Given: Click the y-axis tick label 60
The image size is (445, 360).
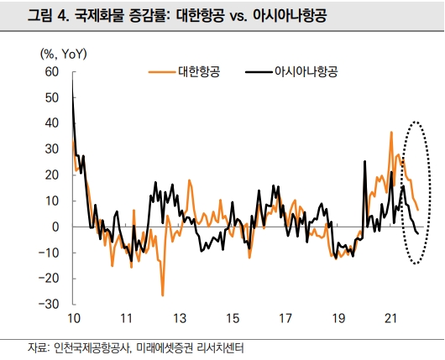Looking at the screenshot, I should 51,72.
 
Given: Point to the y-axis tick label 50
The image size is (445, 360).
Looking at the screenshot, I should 51,98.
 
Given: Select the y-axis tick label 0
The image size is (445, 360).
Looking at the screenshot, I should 55,227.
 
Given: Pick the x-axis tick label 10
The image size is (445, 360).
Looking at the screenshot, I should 73,319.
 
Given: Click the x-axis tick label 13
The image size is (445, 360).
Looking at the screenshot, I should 180,319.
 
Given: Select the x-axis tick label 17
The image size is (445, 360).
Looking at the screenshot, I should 285,319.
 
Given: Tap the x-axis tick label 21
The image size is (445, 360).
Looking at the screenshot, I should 391,319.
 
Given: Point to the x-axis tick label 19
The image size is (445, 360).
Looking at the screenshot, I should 338,319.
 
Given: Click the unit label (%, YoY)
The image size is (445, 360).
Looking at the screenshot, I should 70,53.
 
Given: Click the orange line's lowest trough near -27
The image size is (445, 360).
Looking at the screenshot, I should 162,295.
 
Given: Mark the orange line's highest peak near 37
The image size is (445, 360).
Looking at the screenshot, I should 391,132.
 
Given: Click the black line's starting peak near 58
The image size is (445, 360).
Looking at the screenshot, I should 73,78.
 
